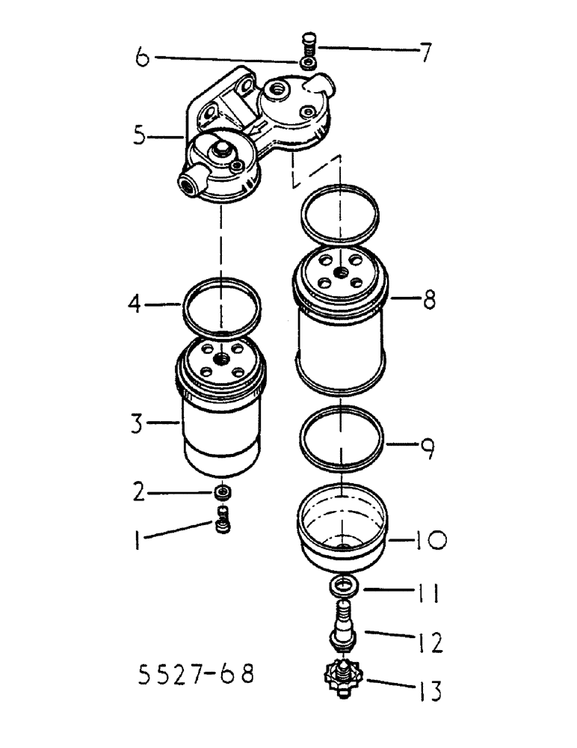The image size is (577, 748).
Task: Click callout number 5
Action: point(139,137)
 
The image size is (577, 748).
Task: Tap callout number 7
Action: point(424,52)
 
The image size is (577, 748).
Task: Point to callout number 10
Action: point(425,539)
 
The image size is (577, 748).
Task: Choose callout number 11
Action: point(425,595)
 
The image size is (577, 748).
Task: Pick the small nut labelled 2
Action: point(222,493)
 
